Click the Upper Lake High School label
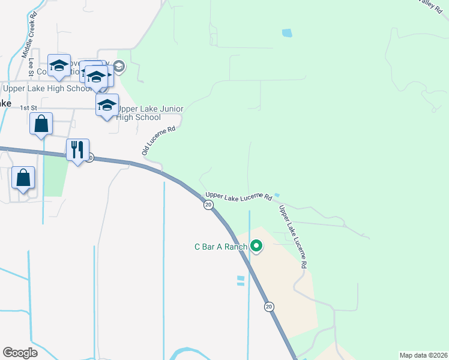(x=47, y=89)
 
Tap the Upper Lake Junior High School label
(x=140, y=113)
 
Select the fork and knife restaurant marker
(x=77, y=149)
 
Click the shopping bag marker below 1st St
(x=41, y=124)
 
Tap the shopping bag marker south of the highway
(x=23, y=178)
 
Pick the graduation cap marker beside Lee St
(x=59, y=67)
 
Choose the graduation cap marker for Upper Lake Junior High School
(x=107, y=105)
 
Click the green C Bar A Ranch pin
(x=256, y=246)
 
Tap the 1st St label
(x=28, y=107)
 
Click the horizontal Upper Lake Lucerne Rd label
(x=238, y=196)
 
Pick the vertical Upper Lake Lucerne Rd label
(x=293, y=236)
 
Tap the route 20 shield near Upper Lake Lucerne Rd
(x=208, y=205)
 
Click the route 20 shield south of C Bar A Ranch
(x=269, y=307)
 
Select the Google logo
(x=20, y=352)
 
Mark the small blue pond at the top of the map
(x=287, y=33)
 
